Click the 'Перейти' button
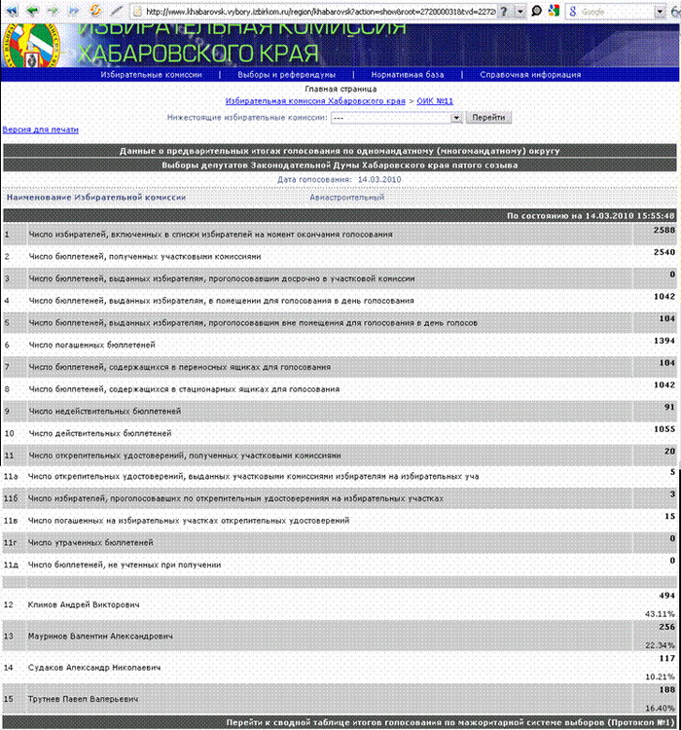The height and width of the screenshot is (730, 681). click(x=489, y=117)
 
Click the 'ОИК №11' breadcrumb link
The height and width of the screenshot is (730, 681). click(x=435, y=101)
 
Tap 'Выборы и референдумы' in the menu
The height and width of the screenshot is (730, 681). click(x=288, y=74)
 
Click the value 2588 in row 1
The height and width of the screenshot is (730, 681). click(x=663, y=230)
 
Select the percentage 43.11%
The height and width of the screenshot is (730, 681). click(x=660, y=614)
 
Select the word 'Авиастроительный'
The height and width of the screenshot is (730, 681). click(x=347, y=198)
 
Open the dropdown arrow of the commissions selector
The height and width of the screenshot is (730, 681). click(x=455, y=117)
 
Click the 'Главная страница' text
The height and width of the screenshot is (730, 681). click(x=340, y=89)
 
